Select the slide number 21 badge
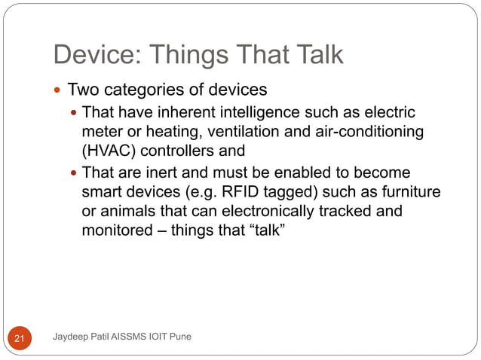click(x=20, y=340)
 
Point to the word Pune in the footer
click(x=179, y=336)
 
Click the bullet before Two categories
click(x=60, y=90)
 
